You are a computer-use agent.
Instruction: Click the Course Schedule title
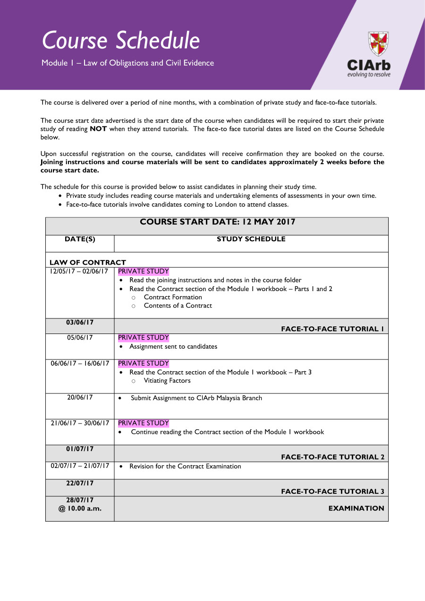pos(121,41)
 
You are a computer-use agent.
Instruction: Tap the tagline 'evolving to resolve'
pos(369,75)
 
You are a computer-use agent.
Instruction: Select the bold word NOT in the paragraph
pos(98,129)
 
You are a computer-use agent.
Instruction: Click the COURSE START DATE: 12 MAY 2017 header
pos(217,222)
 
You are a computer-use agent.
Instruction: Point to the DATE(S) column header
pos(80,239)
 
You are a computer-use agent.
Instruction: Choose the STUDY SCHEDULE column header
pos(251,239)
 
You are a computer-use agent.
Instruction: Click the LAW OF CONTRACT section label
pos(88,262)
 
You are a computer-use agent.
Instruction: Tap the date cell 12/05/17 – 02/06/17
pos(80,272)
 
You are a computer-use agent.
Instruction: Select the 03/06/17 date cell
pos(80,323)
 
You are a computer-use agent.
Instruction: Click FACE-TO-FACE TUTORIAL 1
pos(332,329)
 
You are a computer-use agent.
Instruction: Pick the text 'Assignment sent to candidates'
pos(173,346)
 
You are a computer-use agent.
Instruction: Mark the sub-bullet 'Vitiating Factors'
pos(167,381)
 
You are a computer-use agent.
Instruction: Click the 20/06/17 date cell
pos(80,398)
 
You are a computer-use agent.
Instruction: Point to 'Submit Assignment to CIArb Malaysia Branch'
pos(196,398)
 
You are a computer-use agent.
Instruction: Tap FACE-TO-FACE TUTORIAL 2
pos(332,457)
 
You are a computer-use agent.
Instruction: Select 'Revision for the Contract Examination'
pos(185,467)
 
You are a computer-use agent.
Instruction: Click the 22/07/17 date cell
pos(80,484)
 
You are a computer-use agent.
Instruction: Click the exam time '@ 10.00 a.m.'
pos(80,509)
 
